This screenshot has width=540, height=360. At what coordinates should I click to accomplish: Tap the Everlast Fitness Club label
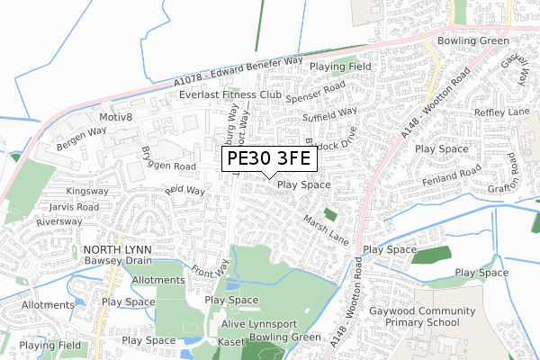[230, 94]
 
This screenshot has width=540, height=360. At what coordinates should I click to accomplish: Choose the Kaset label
[230, 342]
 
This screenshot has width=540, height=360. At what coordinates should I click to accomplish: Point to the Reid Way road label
[184, 191]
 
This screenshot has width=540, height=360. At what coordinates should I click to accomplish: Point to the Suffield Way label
[330, 115]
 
